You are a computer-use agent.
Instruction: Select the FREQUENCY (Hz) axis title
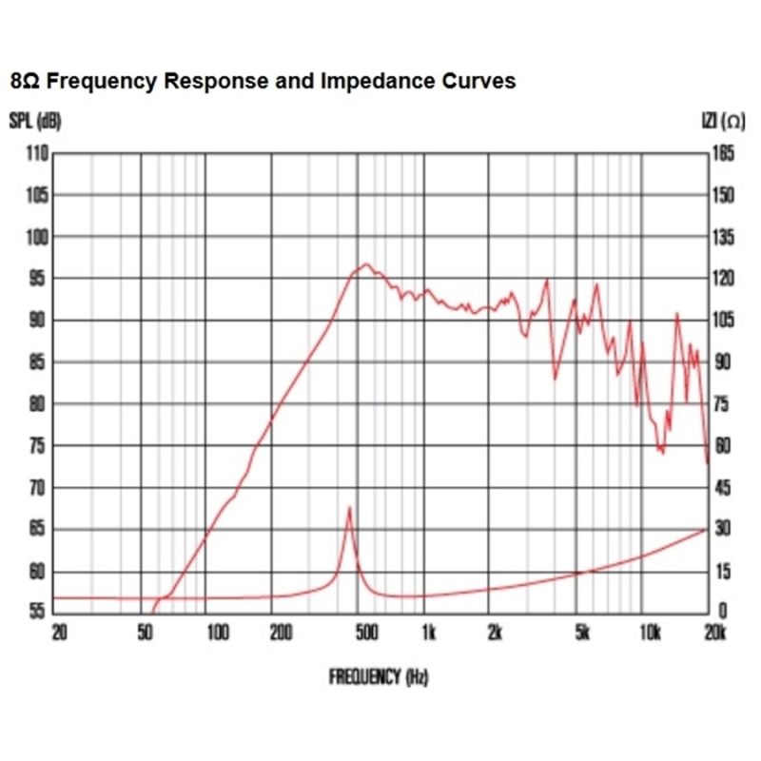tap(379, 677)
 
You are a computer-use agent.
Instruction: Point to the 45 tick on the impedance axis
tap(722, 488)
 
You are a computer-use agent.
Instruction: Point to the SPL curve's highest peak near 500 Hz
tap(366, 264)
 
